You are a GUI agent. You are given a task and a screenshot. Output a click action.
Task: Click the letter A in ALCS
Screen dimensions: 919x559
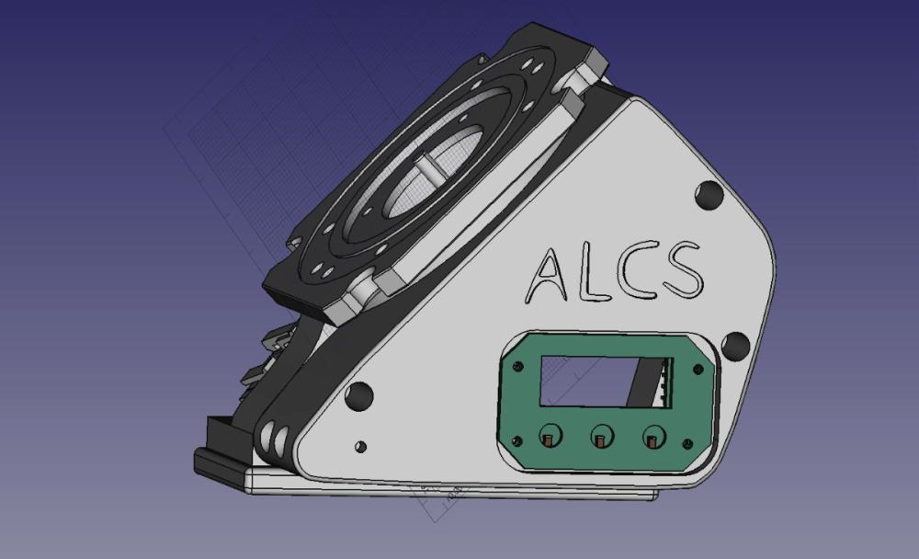(x=546, y=276)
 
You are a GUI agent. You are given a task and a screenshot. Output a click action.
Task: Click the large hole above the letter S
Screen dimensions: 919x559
(x=709, y=195)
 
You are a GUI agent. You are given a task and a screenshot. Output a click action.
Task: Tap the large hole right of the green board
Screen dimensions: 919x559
(x=735, y=346)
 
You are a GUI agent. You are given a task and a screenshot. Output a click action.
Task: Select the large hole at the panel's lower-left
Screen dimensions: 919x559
(x=359, y=396)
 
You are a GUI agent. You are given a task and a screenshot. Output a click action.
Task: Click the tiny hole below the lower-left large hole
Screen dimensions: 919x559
(x=361, y=447)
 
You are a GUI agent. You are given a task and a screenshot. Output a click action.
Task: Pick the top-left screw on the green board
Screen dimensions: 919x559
(x=517, y=367)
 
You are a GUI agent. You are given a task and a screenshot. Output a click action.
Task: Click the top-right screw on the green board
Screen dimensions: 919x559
(x=698, y=370)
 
